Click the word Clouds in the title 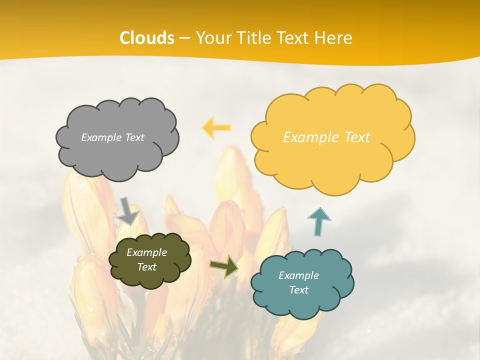pyautogui.click(x=147, y=38)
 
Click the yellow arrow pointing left pyautogui.click(x=217, y=127)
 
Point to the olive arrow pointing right pyautogui.click(x=223, y=266)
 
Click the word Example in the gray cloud pyautogui.click(x=100, y=137)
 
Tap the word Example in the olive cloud pyautogui.click(x=146, y=252)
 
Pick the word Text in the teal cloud pyautogui.click(x=298, y=290)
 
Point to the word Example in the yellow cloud pyautogui.click(x=310, y=137)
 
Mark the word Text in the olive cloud pyautogui.click(x=146, y=267)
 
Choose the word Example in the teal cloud pyautogui.click(x=298, y=275)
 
